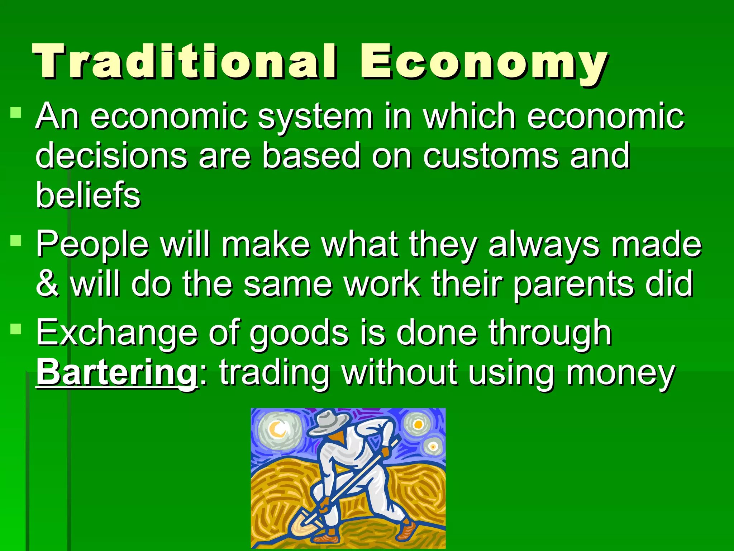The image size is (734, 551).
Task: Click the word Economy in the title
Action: point(484,63)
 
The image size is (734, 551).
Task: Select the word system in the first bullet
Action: point(315,116)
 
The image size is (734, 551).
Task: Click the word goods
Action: point(299,334)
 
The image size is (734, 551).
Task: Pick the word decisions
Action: point(111,156)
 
